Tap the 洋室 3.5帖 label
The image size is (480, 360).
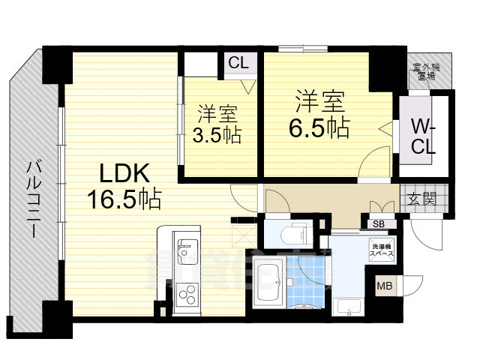217,125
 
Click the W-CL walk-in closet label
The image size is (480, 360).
425,134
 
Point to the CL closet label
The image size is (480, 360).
238,63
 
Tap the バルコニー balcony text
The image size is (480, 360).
34,199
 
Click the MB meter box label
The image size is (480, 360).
383,286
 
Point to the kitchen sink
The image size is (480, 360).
184,248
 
